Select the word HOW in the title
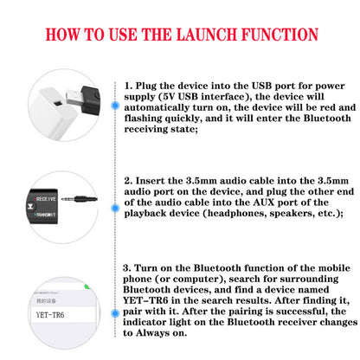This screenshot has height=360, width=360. (64, 35)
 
